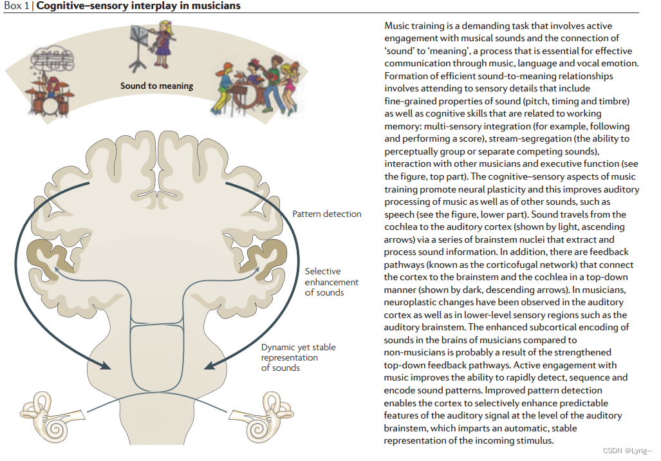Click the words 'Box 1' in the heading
pos(17,6)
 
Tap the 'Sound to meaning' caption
pos(156,86)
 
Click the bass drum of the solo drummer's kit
pos(44,103)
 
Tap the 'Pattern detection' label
pos(327,214)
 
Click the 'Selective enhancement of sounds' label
pos(331,282)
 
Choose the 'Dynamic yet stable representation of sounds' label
pos(298,357)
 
